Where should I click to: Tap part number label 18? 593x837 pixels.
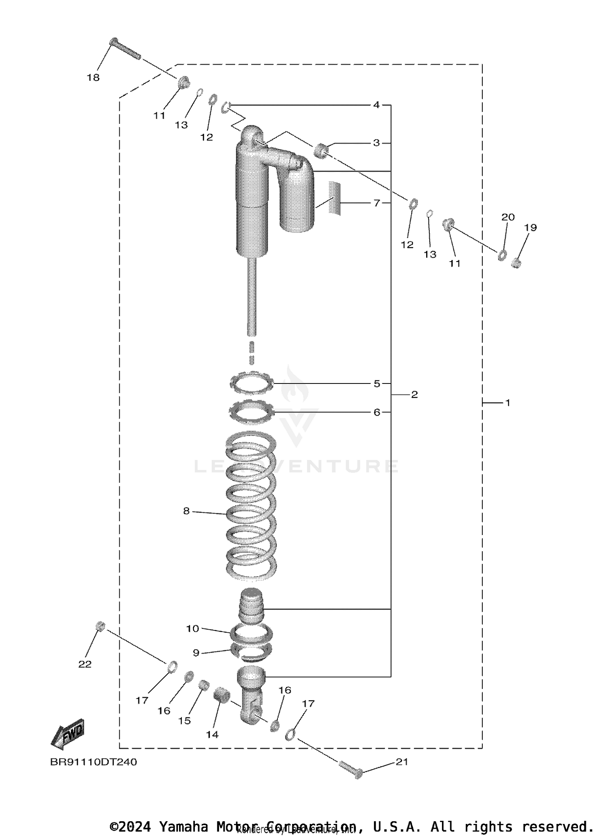tap(93, 78)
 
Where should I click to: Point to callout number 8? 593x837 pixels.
tap(187, 511)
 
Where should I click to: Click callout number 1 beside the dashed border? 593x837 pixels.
tap(508, 403)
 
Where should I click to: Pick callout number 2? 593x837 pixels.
tap(414, 395)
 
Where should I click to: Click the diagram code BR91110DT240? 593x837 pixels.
tap(93, 762)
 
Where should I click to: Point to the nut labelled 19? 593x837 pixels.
tap(516, 262)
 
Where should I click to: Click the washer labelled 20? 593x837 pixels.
tap(502, 255)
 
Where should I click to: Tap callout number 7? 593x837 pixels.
tap(377, 203)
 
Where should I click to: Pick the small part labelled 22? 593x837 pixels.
tap(100, 626)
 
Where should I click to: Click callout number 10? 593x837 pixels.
tap(193, 628)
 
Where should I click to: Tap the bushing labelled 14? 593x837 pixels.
tap(222, 695)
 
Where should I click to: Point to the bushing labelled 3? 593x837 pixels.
tap(321, 150)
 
